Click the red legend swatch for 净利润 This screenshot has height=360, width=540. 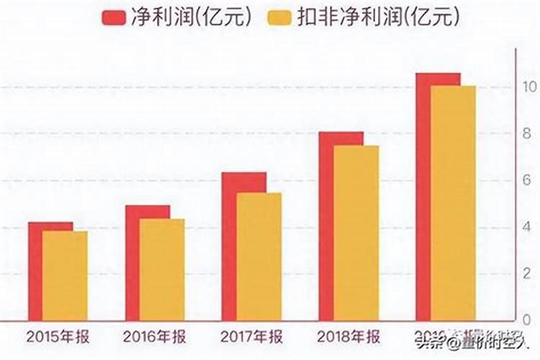[x=114, y=17]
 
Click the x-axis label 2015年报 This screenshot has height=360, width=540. [x=57, y=336]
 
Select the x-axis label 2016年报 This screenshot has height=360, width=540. [x=153, y=336]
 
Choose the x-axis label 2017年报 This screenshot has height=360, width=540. [x=251, y=336]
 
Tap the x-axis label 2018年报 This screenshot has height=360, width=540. [x=348, y=336]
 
